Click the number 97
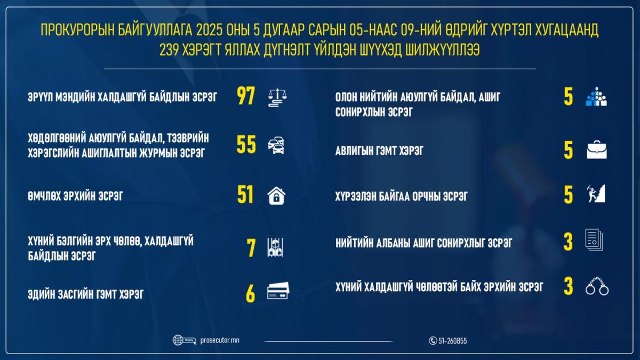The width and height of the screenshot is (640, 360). tap(246, 97)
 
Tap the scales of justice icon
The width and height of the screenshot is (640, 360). tap(276, 98)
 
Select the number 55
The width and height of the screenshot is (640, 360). tap(246, 145)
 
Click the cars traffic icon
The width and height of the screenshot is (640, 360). tap(276, 145)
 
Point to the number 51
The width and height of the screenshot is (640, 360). tap(245, 196)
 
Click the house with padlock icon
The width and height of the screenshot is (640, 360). tap(276, 196)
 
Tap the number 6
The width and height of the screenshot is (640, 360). tap(251, 293)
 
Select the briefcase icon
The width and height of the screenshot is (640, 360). tap(597, 151)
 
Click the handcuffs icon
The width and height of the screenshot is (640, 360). tap(597, 288)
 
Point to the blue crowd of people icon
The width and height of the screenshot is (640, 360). tap(596, 97)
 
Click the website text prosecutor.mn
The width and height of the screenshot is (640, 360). tap(221, 340)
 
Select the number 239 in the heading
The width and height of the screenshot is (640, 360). tap(170, 50)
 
